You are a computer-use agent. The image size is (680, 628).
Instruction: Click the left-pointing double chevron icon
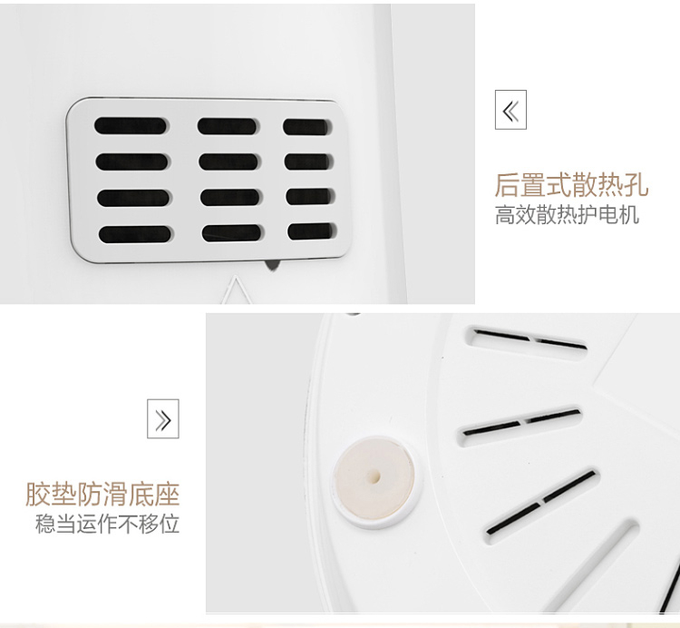point(510,110)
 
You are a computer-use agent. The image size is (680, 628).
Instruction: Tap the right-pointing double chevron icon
point(163,418)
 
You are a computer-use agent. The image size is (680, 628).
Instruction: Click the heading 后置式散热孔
point(571,185)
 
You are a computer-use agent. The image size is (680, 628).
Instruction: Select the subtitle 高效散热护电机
point(568,214)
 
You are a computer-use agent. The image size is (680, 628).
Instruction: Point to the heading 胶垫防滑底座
point(102,494)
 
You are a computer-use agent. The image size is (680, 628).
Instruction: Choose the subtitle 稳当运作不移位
point(107,524)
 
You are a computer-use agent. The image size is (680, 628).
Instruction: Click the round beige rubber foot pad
point(374,477)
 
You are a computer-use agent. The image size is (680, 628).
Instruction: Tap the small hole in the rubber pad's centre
point(374,477)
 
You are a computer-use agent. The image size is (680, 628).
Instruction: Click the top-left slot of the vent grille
point(130,125)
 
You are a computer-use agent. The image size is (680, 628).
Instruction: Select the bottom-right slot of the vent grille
point(312,231)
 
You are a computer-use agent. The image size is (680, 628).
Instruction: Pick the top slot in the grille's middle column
point(227,126)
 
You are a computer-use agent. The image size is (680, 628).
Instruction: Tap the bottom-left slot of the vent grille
point(134,234)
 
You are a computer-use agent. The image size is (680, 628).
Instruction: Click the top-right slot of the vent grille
point(307,127)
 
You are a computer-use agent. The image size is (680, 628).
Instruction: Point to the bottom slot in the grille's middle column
point(232,233)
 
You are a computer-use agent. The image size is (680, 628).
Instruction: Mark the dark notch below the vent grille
point(271,265)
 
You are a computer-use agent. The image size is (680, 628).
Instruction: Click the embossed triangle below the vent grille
point(236,289)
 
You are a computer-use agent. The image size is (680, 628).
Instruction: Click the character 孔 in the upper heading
point(636,185)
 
